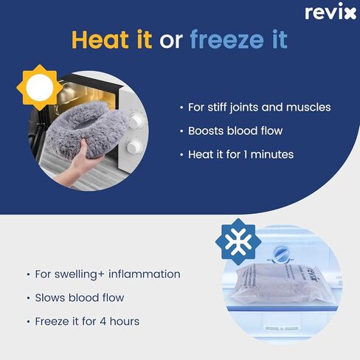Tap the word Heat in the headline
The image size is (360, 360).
click(100, 39)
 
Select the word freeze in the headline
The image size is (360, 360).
click(226, 39)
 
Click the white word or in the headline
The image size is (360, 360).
click(171, 41)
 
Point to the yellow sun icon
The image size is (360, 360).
click(40, 87)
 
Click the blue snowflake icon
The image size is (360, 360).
click(238, 242)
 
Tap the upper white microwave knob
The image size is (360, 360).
click(135, 120)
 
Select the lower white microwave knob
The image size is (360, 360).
click(134, 147)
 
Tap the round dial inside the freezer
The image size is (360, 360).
click(280, 255)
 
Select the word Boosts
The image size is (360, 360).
click(206, 131)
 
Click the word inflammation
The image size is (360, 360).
click(145, 274)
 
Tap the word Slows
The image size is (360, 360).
click(50, 298)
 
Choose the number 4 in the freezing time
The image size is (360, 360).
click(103, 322)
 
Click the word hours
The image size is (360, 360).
click(125, 322)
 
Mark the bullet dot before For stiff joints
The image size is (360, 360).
click(181, 108)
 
